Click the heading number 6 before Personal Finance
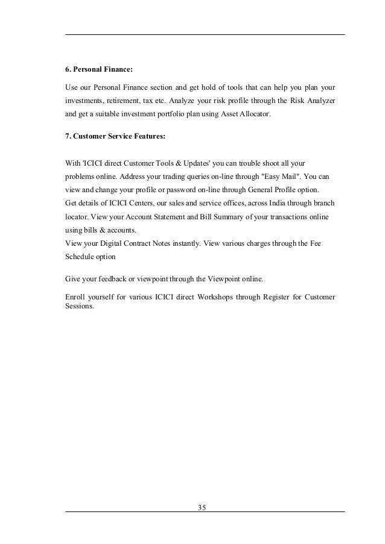point(68,70)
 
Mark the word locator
point(75,216)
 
